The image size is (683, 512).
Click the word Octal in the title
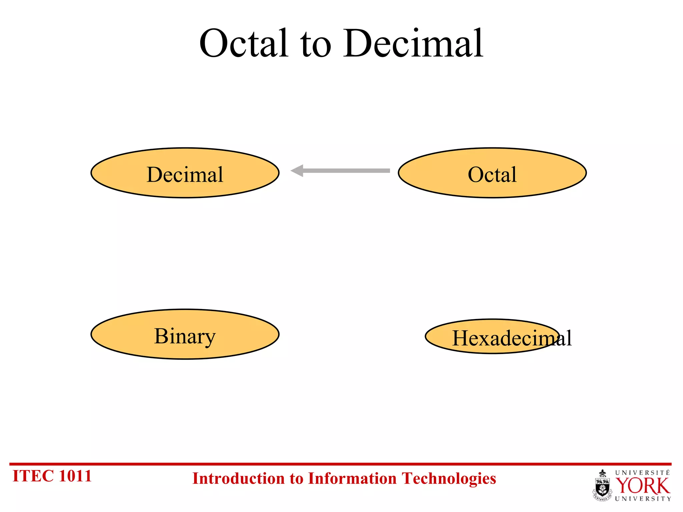point(243,43)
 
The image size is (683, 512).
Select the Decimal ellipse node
point(185,173)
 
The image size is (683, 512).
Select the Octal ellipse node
point(492,173)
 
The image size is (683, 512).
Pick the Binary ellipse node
point(185,334)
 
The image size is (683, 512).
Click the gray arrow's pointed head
point(297,171)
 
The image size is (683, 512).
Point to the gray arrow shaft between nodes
point(347,171)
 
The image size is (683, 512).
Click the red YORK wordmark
point(642,486)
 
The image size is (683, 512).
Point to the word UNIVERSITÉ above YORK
point(642,473)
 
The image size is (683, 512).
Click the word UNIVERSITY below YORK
point(643,499)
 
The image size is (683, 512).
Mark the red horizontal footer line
point(340,464)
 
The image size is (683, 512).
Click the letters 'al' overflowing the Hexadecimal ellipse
point(565,339)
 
